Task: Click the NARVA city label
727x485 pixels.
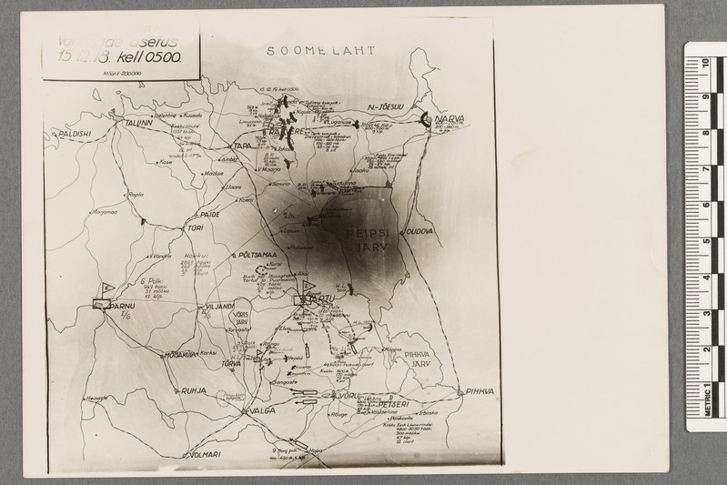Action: [x=449, y=119]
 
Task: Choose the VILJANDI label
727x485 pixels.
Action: [x=221, y=307]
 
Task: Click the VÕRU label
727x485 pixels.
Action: [x=350, y=395]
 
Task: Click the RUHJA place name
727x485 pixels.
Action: [x=194, y=391]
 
